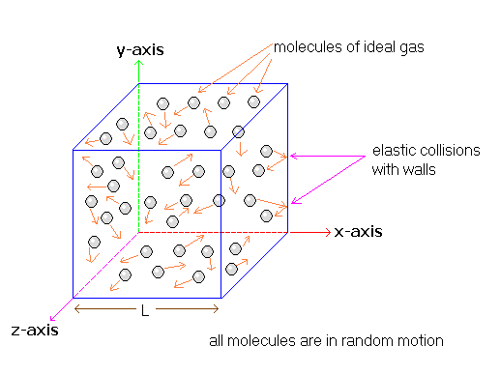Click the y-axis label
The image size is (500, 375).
(x=140, y=50)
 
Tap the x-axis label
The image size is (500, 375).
(x=358, y=232)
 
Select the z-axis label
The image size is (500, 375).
(x=35, y=331)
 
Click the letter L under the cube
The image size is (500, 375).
(x=145, y=310)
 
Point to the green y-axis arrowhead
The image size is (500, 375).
(x=138, y=63)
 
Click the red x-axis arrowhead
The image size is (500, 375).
(x=328, y=232)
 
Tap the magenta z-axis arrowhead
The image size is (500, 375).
(x=53, y=318)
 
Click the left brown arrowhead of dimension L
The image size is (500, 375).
(x=77, y=309)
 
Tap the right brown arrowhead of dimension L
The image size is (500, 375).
(x=216, y=309)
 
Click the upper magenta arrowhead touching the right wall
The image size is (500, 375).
(x=293, y=156)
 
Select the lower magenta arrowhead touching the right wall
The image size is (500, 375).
(x=295, y=202)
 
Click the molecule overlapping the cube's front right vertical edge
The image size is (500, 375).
(x=220, y=200)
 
